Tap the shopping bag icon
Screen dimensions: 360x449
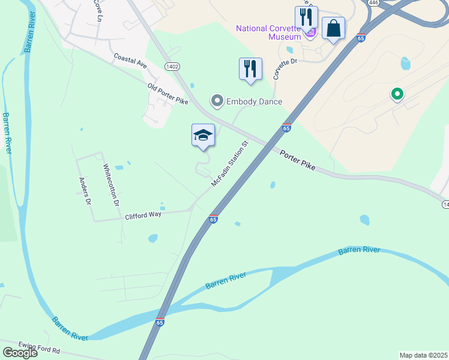pyautogui.click(x=333, y=28)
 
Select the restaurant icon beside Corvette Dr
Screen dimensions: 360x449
pyautogui.click(x=250, y=68)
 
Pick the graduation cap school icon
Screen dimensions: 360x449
pyautogui.click(x=203, y=135)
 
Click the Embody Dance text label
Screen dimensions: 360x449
pyautogui.click(x=254, y=101)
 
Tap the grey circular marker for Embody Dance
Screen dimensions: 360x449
pyautogui.click(x=217, y=101)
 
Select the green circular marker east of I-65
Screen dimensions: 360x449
pyautogui.click(x=396, y=94)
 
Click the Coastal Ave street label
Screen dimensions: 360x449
pyautogui.click(x=130, y=60)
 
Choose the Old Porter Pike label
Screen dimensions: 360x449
pyautogui.click(x=168, y=94)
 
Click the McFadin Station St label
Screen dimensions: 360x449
pyautogui.click(x=229, y=164)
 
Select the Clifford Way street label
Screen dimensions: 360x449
pyautogui.click(x=143, y=215)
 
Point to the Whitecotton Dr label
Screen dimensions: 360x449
pyautogui.click(x=111, y=185)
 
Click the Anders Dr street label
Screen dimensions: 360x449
pyautogui.click(x=85, y=191)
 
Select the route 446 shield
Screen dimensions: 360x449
pyautogui.click(x=373, y=3)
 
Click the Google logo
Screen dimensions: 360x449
pyautogui.click(x=19, y=353)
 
